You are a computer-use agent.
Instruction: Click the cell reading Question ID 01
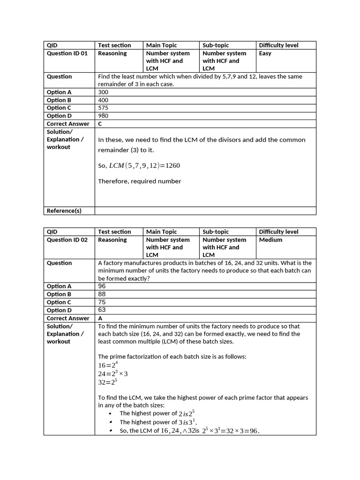click(x=67, y=53)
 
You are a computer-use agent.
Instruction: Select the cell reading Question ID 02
click(x=67, y=240)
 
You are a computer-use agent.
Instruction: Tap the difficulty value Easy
click(x=265, y=53)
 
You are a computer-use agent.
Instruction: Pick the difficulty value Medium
click(x=270, y=240)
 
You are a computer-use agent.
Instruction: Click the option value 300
click(x=103, y=92)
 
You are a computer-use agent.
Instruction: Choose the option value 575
click(x=103, y=108)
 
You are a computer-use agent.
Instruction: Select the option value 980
click(x=103, y=116)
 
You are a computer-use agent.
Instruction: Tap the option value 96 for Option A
click(x=102, y=286)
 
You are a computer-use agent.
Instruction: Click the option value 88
click(x=102, y=294)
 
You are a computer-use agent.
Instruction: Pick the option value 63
click(x=102, y=310)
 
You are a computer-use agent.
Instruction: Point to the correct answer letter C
click(x=100, y=124)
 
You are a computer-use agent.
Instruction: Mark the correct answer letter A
click(x=100, y=318)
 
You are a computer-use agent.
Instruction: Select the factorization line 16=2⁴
click(x=107, y=365)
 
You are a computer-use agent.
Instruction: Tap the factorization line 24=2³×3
click(x=113, y=374)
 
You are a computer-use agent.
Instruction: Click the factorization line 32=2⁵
click(x=107, y=382)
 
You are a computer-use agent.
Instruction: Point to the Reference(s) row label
click(x=64, y=211)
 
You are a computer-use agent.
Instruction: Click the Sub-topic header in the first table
click(x=216, y=45)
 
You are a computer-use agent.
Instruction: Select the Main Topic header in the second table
click(x=161, y=232)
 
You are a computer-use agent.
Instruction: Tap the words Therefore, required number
click(x=139, y=181)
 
